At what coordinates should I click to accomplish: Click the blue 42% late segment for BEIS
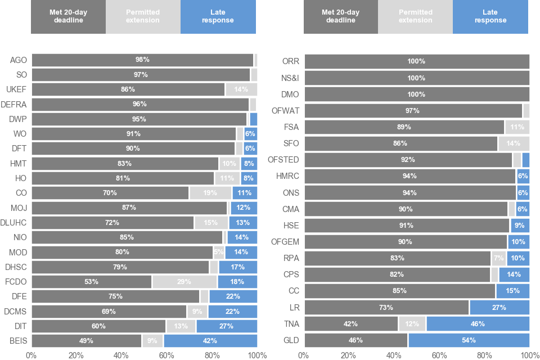[210, 341]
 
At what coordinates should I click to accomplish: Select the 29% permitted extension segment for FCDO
[184, 282]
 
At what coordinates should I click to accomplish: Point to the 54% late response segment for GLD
[469, 340]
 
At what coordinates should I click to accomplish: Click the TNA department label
[291, 324]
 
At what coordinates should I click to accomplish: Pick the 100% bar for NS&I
[416, 78]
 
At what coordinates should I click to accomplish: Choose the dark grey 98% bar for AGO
[142, 60]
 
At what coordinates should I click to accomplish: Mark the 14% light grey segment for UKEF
[241, 89]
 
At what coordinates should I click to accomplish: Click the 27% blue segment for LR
[499, 308]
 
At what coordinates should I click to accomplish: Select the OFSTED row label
[283, 160]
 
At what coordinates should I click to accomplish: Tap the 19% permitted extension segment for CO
[210, 193]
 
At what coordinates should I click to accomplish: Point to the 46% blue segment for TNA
[478, 324]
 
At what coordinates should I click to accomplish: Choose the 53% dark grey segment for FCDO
[91, 282]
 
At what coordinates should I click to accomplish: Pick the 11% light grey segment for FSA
[517, 127]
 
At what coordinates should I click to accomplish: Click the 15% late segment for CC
[512, 291]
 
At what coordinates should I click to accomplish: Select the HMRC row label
[287, 177]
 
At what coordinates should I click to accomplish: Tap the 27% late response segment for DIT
[227, 326]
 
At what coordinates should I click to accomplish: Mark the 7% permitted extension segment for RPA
[498, 259]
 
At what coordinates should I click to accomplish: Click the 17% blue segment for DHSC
[238, 267]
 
